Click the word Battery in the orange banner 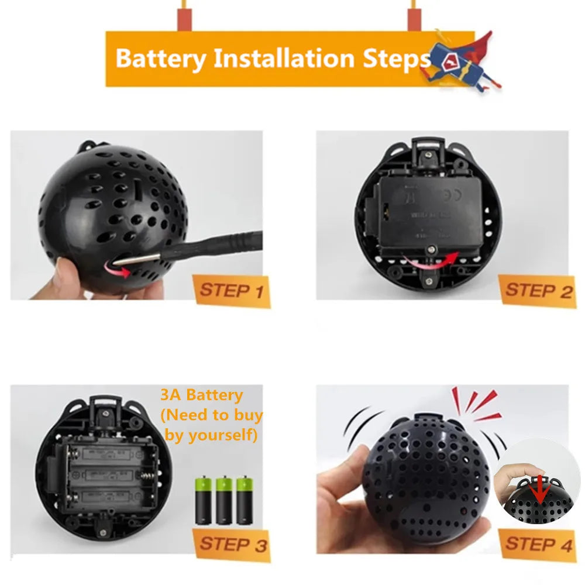(x=161, y=59)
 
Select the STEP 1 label (x=232, y=290)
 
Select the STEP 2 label (x=538, y=290)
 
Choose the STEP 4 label (x=538, y=544)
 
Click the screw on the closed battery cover (x=431, y=250)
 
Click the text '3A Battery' (x=201, y=395)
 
